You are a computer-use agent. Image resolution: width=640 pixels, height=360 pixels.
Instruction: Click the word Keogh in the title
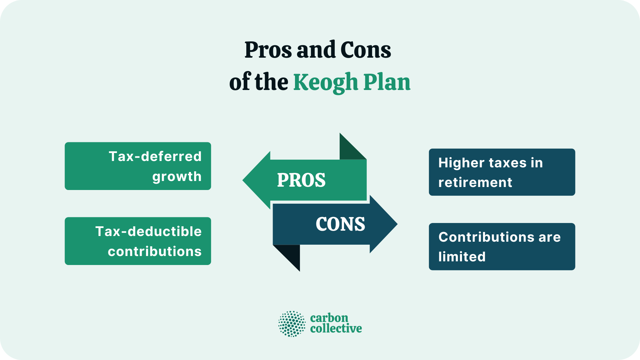click(325, 82)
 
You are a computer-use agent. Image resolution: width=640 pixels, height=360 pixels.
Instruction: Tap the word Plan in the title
click(387, 82)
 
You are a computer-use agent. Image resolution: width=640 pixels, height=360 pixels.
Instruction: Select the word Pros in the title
click(269, 50)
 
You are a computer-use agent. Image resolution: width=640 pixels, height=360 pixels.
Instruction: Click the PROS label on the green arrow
click(301, 180)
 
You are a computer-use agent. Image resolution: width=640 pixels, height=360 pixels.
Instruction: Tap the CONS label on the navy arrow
click(340, 224)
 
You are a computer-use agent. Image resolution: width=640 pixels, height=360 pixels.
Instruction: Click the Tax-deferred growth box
click(138, 166)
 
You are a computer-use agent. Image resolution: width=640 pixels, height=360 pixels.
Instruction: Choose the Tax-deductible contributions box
click(138, 241)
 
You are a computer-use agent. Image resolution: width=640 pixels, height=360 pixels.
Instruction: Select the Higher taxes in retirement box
click(502, 172)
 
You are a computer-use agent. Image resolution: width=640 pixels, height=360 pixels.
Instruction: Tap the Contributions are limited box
click(502, 247)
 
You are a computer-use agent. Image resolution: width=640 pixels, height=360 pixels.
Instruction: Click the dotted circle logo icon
click(292, 324)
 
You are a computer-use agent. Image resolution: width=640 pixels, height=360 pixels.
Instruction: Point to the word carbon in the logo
click(329, 318)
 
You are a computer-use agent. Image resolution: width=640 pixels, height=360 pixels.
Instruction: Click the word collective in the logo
click(336, 329)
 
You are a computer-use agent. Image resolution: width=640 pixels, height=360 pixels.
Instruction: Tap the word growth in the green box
click(177, 176)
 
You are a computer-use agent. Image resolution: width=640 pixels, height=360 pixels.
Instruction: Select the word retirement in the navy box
click(475, 182)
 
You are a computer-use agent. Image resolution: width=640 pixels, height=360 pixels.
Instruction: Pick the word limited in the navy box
click(462, 257)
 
